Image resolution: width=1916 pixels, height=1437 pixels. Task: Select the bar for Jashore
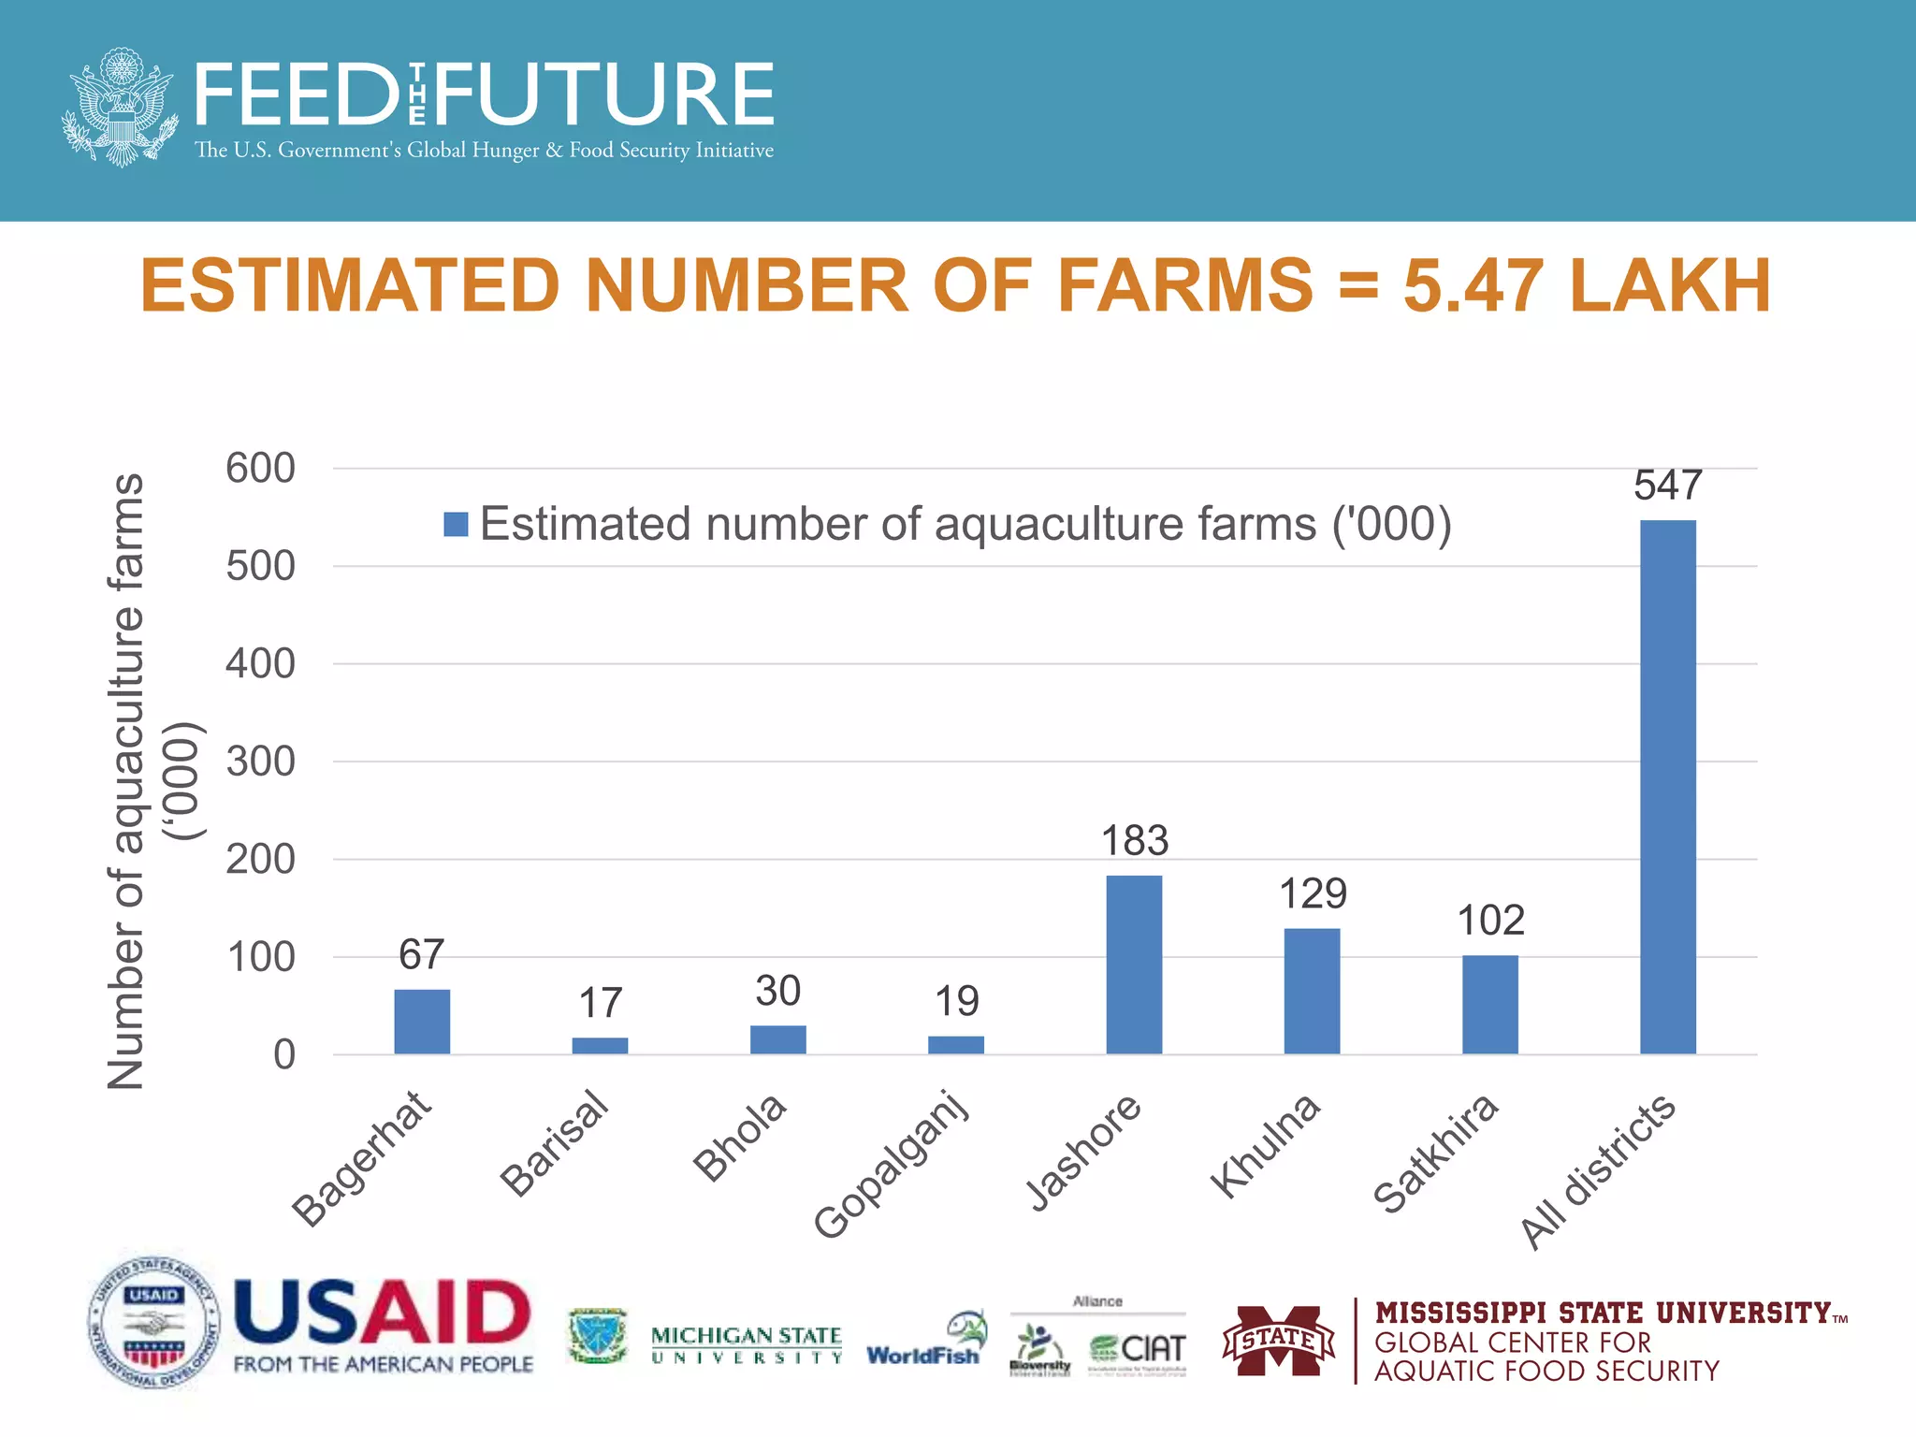point(1134,965)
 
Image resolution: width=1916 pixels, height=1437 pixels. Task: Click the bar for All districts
point(1667,787)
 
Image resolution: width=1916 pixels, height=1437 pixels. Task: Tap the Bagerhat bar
point(422,1022)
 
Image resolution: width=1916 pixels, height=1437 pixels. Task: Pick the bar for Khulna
point(1312,991)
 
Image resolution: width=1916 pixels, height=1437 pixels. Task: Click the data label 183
point(1134,840)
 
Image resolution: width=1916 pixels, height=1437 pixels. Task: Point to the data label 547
point(1667,485)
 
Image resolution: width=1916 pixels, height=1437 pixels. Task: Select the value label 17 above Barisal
point(600,1003)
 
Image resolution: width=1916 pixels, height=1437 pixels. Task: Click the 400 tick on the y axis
point(260,664)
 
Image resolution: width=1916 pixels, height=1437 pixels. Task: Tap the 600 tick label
point(260,468)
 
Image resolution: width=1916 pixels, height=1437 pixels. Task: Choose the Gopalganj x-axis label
point(892,1165)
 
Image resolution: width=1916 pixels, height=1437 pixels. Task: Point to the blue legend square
point(456,524)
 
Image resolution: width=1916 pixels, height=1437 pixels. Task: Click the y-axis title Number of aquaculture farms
point(126,781)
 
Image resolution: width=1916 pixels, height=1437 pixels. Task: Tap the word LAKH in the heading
point(1670,285)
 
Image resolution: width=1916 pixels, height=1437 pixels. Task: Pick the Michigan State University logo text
point(746,1344)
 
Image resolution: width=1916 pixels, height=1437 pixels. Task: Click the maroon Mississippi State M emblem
point(1279,1341)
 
